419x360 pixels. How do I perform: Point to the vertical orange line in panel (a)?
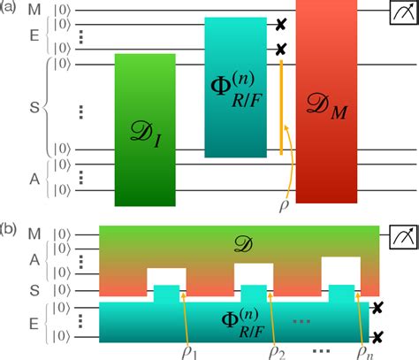coord(281,106)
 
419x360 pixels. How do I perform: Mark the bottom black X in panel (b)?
coord(377,335)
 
